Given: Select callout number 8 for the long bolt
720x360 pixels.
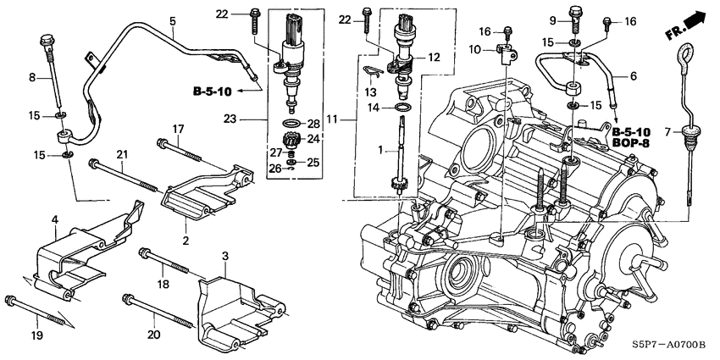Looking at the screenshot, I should click(x=33, y=78).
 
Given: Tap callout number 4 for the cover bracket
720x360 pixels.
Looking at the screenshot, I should click(x=54, y=219).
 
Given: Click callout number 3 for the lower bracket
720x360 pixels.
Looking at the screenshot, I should click(x=225, y=255).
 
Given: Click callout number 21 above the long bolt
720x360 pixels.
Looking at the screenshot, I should click(x=121, y=153).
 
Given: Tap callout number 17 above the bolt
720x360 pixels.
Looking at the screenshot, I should click(x=179, y=129).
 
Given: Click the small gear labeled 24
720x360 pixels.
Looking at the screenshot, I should click(x=291, y=139).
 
